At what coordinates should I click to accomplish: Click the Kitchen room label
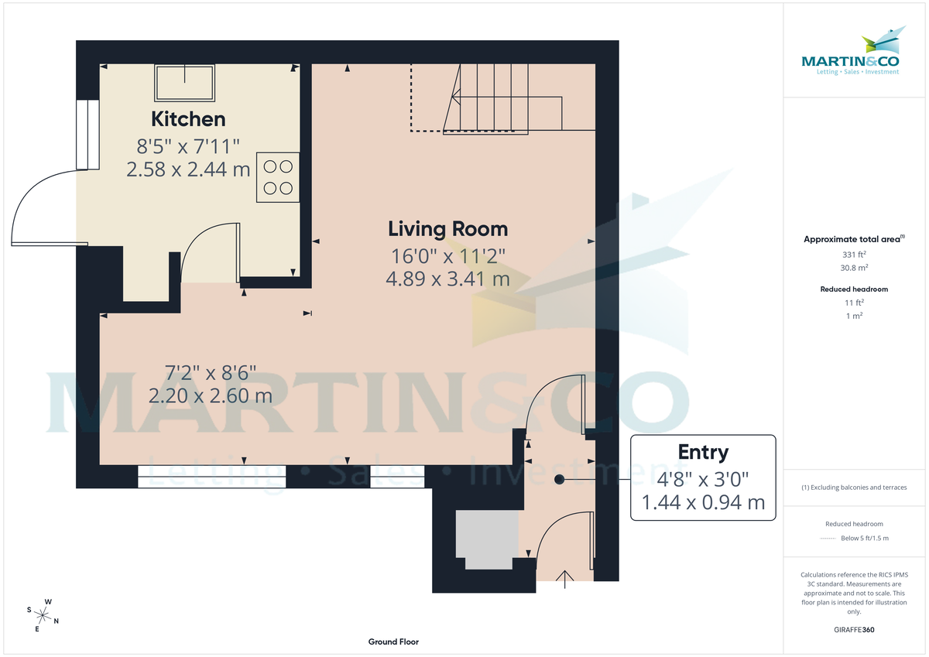tap(188, 119)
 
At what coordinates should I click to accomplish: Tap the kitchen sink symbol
tap(185, 83)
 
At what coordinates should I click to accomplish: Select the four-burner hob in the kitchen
tap(278, 176)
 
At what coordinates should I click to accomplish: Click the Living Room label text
tap(447, 229)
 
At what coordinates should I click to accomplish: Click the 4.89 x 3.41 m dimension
tap(447, 279)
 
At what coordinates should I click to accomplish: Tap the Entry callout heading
tap(703, 452)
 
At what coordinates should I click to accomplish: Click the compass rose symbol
tap(44, 615)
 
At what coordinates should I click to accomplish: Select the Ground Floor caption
tap(394, 642)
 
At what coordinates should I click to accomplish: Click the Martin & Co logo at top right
tap(850, 54)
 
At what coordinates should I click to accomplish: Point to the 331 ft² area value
tap(853, 255)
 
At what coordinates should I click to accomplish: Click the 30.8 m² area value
tap(853, 268)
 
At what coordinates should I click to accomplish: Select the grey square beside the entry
tap(486, 534)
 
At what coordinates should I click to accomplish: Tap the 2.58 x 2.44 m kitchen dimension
tap(188, 169)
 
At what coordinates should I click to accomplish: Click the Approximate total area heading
tap(852, 240)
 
